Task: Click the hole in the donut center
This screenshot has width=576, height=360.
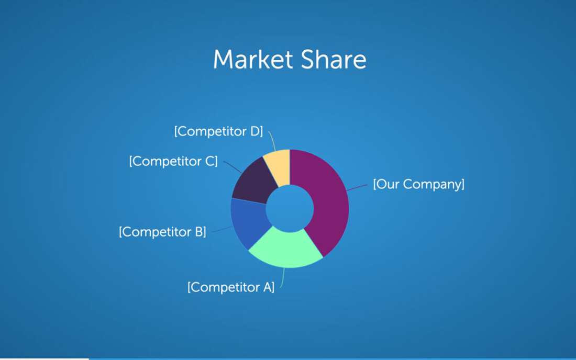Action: [x=290, y=208]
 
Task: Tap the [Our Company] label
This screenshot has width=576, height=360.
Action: [x=419, y=184]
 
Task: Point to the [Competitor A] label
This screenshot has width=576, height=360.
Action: [x=231, y=287]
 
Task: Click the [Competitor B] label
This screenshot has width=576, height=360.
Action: [x=162, y=232]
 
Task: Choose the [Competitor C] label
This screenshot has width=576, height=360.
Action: [x=173, y=161]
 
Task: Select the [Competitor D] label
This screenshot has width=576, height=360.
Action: [x=218, y=131]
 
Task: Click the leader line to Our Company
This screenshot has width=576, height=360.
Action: [x=357, y=188]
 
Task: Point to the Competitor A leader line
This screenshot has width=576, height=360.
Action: [x=282, y=278]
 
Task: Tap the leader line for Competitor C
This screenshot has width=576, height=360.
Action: [x=232, y=166]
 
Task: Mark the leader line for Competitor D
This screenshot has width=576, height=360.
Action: [x=272, y=141]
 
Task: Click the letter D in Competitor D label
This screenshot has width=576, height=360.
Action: [x=256, y=131]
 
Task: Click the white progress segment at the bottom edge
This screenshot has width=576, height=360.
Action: [x=45, y=359]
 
